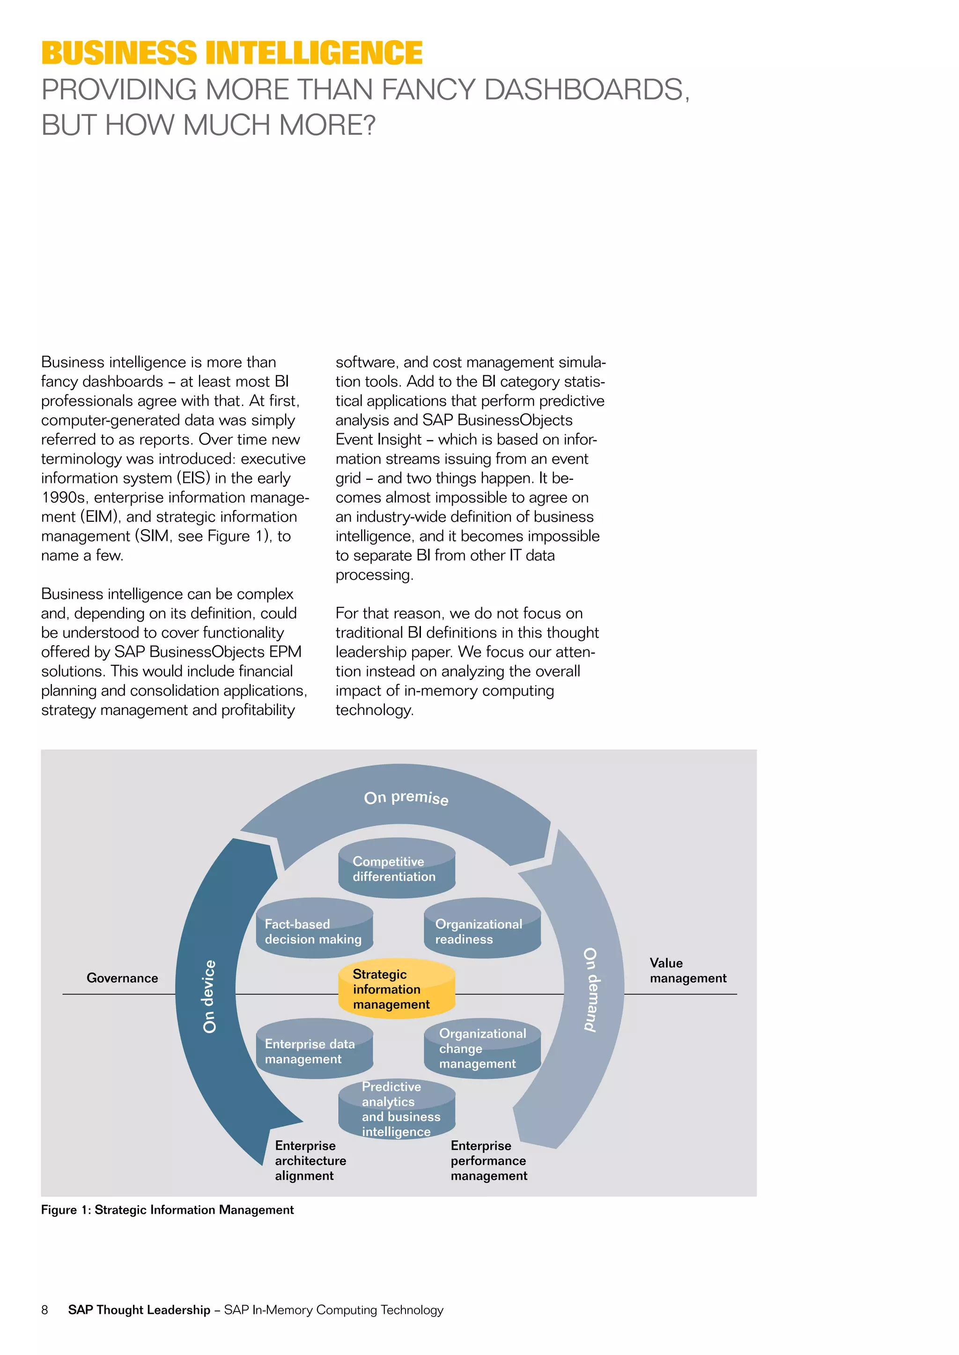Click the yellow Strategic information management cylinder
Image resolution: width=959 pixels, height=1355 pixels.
pos(396,989)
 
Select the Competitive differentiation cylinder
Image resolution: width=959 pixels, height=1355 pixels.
pos(396,869)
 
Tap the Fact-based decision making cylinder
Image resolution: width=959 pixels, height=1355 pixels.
pos(314,931)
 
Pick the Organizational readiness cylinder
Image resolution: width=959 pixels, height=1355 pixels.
pos(482,931)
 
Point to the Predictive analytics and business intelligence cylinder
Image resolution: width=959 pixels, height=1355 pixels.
pos(396,1109)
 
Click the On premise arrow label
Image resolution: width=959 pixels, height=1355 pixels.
pos(406,798)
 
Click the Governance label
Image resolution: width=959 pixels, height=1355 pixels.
pos(122,978)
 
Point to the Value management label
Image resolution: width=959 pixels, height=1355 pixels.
pos(688,970)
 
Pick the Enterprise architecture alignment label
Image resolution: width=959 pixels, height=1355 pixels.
pos(310,1160)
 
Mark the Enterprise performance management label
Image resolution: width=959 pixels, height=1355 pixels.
pos(488,1160)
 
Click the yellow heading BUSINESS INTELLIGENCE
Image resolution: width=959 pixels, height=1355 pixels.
pos(232,53)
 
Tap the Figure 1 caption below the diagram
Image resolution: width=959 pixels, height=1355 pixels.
pos(167,1210)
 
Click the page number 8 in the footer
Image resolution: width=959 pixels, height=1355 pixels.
pos(45,1310)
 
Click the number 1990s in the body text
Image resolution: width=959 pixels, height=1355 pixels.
pos(63,497)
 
